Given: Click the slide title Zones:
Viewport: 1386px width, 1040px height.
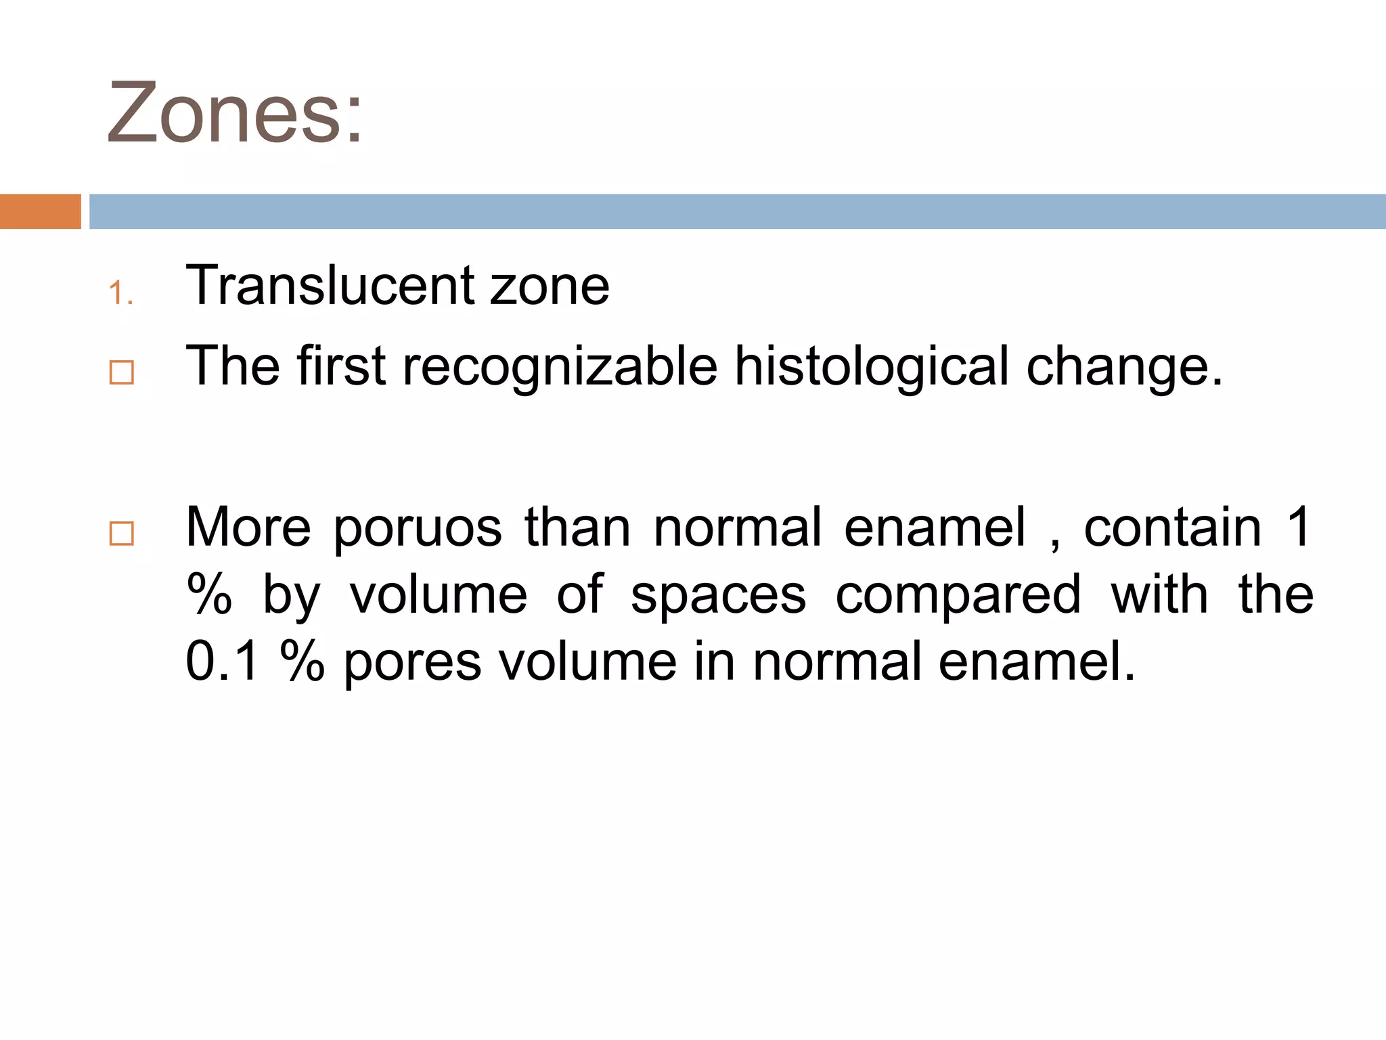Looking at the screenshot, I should click(235, 113).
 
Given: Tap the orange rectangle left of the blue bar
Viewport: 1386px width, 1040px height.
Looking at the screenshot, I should click(40, 211).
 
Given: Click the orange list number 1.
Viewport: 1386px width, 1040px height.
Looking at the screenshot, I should click(120, 293).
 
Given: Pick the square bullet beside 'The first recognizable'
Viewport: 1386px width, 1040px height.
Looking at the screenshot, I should click(122, 372).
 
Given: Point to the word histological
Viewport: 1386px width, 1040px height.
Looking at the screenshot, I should click(872, 367).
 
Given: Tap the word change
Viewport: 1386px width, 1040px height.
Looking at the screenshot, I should click(1124, 367).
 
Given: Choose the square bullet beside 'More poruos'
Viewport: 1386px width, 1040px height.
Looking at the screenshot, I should click(122, 534).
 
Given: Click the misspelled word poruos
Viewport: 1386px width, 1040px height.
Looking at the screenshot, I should click(418, 528).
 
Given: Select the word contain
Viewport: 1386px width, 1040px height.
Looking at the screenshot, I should click(1173, 528).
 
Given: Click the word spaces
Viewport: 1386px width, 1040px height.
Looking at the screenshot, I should click(718, 595).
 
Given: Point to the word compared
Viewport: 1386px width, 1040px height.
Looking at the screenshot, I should click(958, 595).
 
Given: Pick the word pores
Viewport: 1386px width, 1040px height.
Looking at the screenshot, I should click(412, 662).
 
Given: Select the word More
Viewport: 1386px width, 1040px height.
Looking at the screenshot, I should click(248, 528).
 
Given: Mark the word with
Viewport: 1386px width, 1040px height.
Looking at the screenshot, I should click(1159, 595).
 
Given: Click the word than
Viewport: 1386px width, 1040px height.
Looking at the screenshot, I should click(577, 528).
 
